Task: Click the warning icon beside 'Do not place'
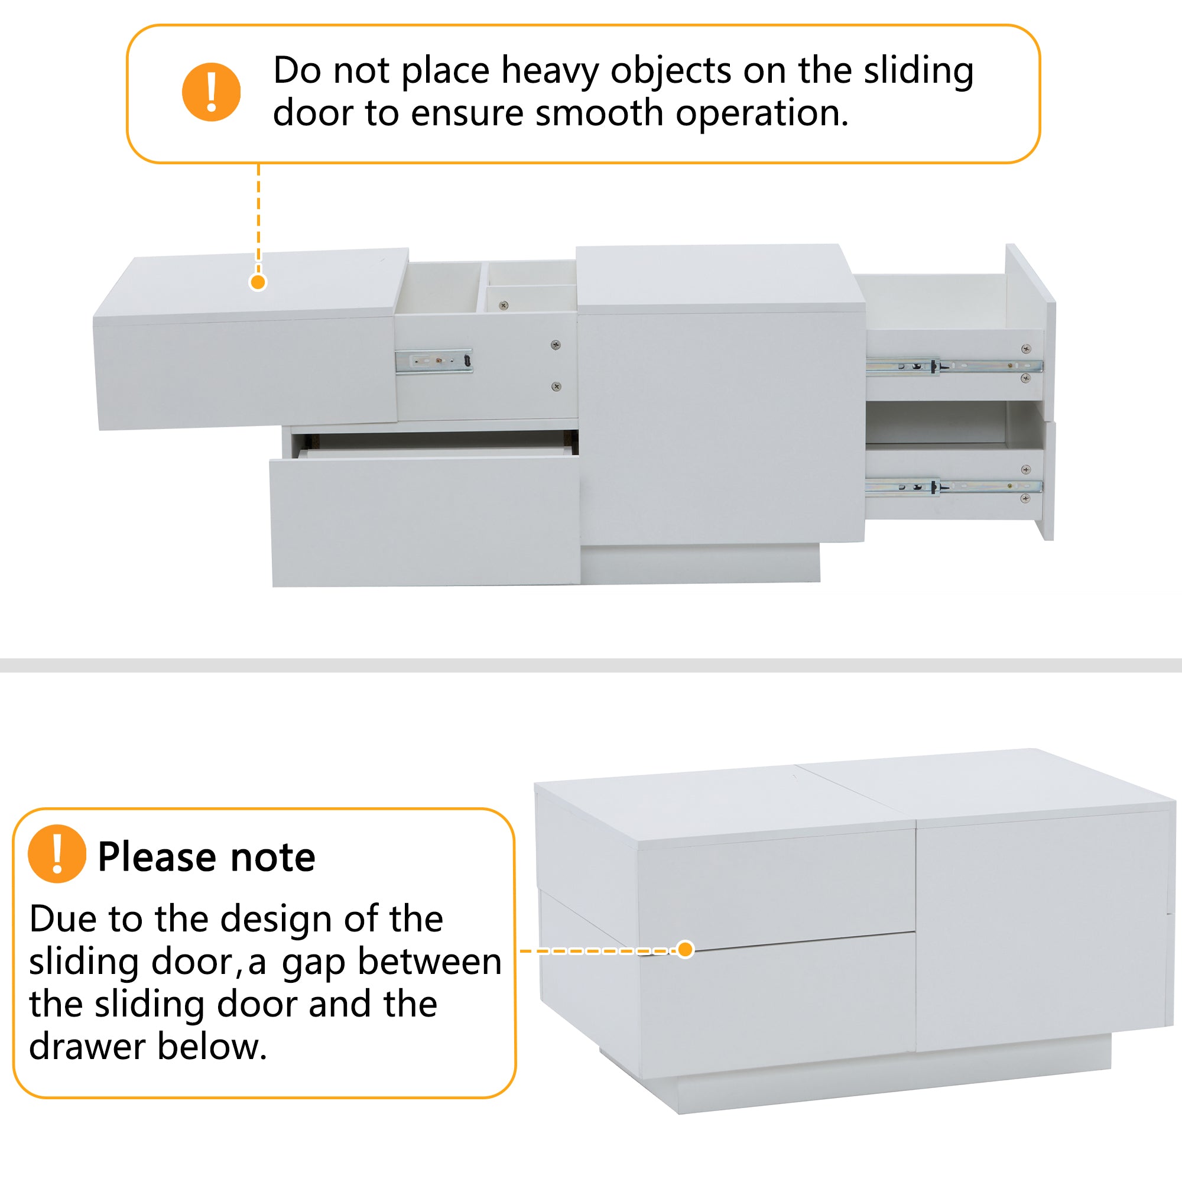[x=211, y=92]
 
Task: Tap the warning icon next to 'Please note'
[x=57, y=853]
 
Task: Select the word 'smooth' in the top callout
[x=599, y=113]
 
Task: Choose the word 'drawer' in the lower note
[x=88, y=1046]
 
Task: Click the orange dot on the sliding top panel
[x=258, y=282]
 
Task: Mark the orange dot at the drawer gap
[x=686, y=949]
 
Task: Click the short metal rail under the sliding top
[x=434, y=361]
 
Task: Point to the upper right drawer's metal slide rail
[x=954, y=366]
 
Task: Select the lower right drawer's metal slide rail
[x=954, y=487]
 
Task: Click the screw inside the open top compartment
[x=504, y=305]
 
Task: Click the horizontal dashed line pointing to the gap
[x=598, y=951]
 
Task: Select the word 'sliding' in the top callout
[x=918, y=72]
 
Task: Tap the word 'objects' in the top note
[x=671, y=72]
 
